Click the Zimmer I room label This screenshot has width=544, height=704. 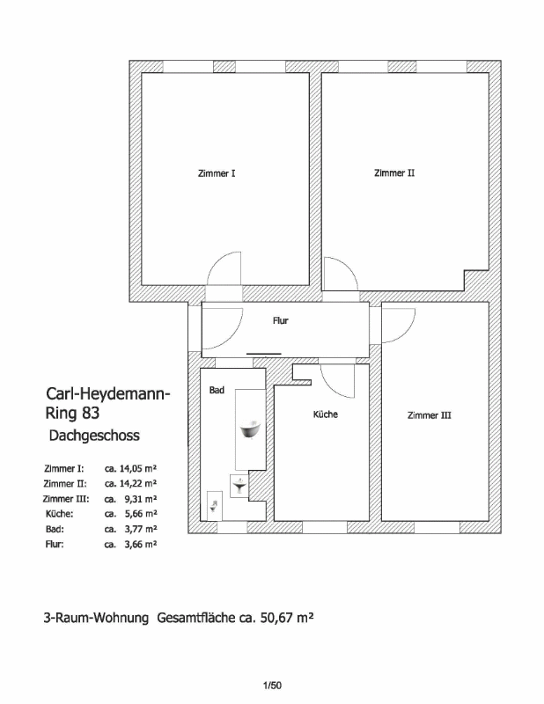click(217, 173)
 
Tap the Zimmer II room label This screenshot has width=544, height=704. click(394, 172)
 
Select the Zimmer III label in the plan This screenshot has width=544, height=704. click(429, 415)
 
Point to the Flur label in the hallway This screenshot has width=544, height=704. click(280, 320)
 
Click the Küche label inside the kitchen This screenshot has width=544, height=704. click(325, 414)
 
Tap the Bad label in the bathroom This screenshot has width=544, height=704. click(217, 390)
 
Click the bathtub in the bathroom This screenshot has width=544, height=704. click(250, 429)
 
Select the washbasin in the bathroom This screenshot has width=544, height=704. click(239, 486)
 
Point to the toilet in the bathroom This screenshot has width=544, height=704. click(214, 507)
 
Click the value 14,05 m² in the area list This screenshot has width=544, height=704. click(138, 468)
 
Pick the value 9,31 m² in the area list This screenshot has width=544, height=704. click(141, 499)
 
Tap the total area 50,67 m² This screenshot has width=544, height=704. click(287, 618)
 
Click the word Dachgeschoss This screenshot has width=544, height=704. click(94, 436)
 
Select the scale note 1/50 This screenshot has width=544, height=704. click(272, 686)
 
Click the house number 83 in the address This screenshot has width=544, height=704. click(91, 413)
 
